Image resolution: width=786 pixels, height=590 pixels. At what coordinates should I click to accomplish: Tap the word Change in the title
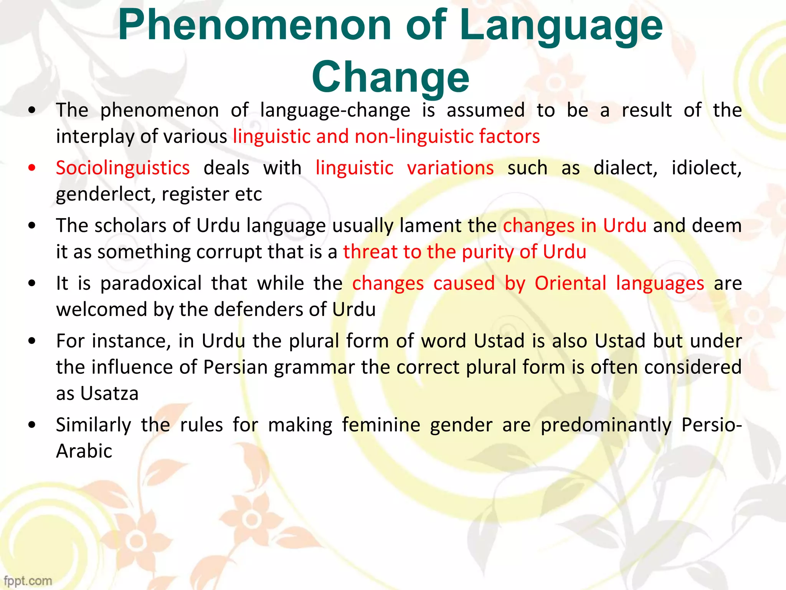click(390, 77)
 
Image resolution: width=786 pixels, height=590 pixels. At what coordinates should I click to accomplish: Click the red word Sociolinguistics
click(123, 168)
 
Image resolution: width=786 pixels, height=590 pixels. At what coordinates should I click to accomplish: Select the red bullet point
click(32, 168)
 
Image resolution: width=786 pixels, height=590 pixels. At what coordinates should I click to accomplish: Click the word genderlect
click(106, 194)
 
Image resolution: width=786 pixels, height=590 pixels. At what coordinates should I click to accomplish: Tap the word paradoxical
click(151, 283)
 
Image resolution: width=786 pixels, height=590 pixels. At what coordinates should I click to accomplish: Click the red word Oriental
click(570, 283)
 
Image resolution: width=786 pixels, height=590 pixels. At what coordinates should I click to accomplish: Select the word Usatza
click(109, 394)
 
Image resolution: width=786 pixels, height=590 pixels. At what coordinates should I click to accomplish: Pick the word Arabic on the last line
click(84, 451)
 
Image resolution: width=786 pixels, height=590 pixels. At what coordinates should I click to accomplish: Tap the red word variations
click(450, 168)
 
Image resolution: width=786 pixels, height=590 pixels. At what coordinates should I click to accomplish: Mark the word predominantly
click(606, 425)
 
